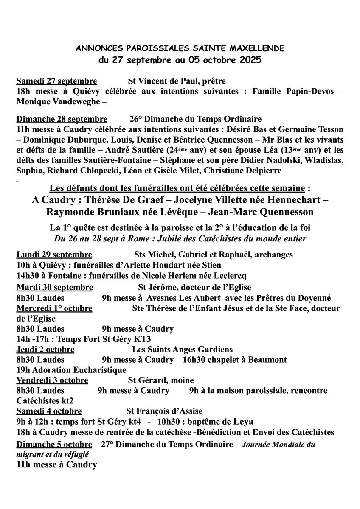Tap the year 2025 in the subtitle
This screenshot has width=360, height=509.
(246, 60)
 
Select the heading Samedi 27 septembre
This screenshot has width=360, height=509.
(56, 81)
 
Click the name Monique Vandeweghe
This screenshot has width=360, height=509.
(57, 101)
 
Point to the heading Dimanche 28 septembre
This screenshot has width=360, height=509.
(62, 119)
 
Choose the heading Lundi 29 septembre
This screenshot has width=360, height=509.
(54, 255)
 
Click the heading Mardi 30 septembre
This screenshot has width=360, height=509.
(55, 288)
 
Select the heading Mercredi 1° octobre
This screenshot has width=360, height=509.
(54, 308)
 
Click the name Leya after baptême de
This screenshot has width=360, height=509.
(244, 422)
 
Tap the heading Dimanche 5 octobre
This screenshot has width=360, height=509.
(54, 444)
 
